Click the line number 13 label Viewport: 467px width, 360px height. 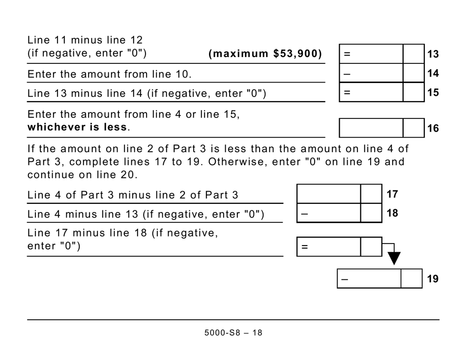(x=433, y=54)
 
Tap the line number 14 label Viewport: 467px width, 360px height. (x=433, y=73)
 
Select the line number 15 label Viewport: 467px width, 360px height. (x=433, y=92)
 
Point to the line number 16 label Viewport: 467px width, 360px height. (x=433, y=129)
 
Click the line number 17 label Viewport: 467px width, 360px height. (x=392, y=194)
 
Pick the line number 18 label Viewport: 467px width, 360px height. (x=392, y=213)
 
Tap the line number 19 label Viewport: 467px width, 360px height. (x=433, y=279)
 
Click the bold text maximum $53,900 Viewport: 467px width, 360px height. (x=265, y=54)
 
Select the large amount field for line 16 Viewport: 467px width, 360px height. (x=371, y=128)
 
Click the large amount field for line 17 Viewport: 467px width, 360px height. (x=328, y=194)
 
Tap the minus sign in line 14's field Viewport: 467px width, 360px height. (x=347, y=73)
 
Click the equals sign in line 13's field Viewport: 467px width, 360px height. (x=347, y=54)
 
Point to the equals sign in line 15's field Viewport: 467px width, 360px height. (x=347, y=92)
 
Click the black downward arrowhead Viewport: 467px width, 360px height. (x=394, y=258)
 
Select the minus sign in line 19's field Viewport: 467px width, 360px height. (x=345, y=279)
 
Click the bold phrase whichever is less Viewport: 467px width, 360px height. (x=78, y=127)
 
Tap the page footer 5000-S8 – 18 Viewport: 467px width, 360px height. (x=233, y=333)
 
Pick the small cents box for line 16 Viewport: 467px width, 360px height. (x=413, y=128)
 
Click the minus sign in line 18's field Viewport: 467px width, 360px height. (x=304, y=213)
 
